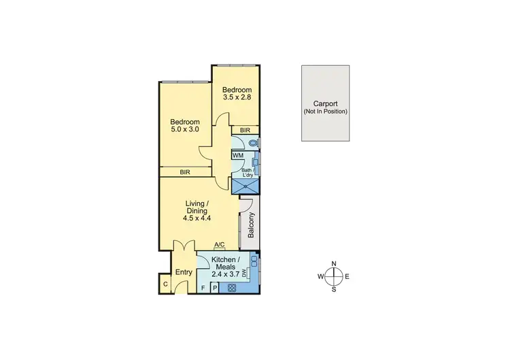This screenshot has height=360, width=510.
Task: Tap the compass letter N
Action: pyautogui.click(x=334, y=263)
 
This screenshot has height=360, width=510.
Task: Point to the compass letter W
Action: pyautogui.click(x=320, y=276)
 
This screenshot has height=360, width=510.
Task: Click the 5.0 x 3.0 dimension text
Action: pyautogui.click(x=184, y=129)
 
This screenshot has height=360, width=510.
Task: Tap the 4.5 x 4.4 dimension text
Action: pyautogui.click(x=199, y=218)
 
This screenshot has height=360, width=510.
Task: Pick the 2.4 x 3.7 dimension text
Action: pyautogui.click(x=225, y=274)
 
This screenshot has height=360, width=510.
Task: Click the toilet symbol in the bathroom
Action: pyautogui.click(x=253, y=143)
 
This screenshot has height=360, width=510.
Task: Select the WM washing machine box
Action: pyautogui.click(x=238, y=156)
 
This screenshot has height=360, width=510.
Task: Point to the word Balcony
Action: pyautogui.click(x=250, y=225)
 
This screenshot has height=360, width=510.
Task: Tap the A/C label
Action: pyautogui.click(x=220, y=245)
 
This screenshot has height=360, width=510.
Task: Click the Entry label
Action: pyautogui.click(x=183, y=273)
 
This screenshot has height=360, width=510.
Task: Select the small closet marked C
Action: pyautogui.click(x=165, y=284)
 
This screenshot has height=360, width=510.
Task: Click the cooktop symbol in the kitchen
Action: pyautogui.click(x=232, y=288)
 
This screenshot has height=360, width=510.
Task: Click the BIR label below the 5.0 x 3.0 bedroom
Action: pyautogui.click(x=185, y=173)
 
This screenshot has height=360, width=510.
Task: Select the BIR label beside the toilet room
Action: pyautogui.click(x=245, y=129)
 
